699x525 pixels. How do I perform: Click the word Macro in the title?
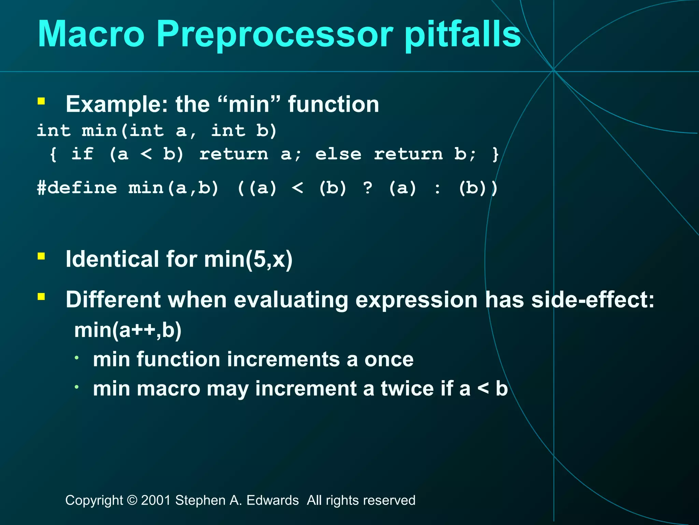click(x=91, y=34)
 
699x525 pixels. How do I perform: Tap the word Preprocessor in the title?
click(x=275, y=34)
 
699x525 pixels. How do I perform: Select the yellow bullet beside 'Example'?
click(x=41, y=101)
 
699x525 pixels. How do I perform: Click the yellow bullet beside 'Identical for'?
click(x=41, y=256)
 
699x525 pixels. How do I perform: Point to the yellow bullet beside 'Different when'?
click(x=41, y=296)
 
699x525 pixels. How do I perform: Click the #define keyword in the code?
click(x=77, y=188)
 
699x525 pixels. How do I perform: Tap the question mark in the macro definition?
click(x=368, y=188)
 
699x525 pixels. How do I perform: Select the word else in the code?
click(x=338, y=154)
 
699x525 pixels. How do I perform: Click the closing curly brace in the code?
click(x=496, y=154)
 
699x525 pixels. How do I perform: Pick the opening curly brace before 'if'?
click(x=53, y=154)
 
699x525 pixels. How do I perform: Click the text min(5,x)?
click(x=248, y=259)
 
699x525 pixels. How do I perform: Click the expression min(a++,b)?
click(x=128, y=330)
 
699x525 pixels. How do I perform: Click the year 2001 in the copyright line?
click(x=156, y=500)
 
